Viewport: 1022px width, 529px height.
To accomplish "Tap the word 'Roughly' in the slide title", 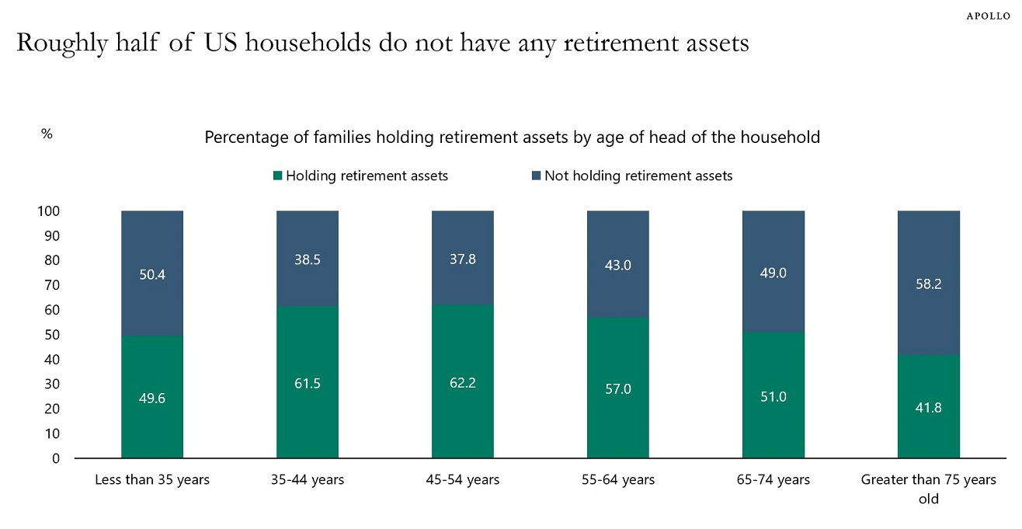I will [50, 43].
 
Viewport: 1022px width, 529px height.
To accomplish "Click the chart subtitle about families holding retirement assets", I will [512, 137].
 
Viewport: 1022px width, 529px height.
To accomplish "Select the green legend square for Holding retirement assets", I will [277, 176].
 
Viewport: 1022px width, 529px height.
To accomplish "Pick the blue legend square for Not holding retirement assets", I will [536, 176].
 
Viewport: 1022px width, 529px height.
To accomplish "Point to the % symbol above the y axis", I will [47, 134].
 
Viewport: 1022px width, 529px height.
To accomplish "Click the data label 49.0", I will [773, 273].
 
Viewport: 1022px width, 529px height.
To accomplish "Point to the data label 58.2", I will [929, 284].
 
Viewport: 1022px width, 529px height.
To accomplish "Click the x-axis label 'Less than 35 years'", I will [152, 480].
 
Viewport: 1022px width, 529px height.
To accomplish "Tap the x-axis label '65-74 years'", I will [773, 480].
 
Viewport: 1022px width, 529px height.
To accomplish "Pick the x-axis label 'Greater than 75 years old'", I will [929, 489].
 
